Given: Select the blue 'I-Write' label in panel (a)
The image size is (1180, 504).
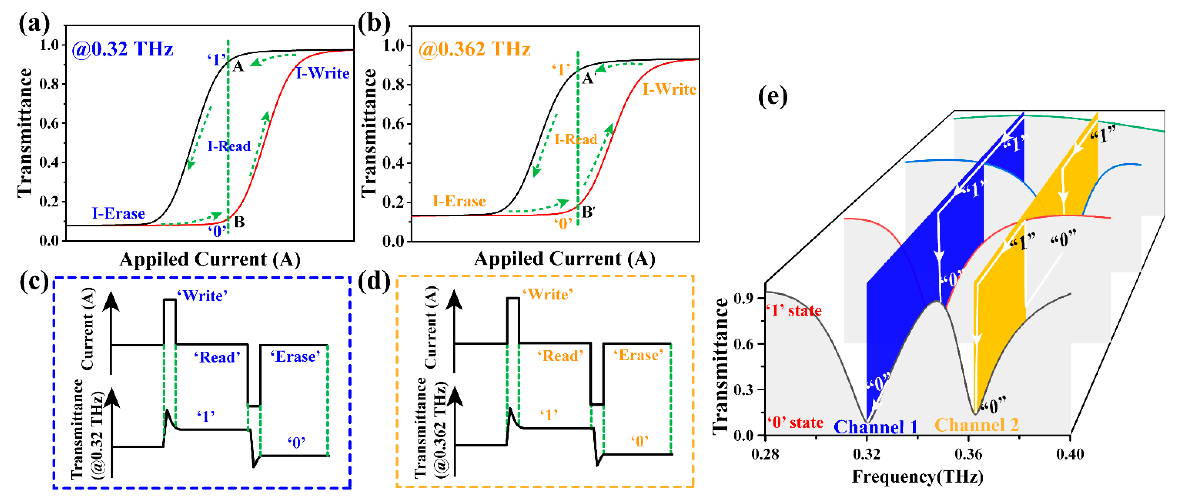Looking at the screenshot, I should pyautogui.click(x=323, y=73).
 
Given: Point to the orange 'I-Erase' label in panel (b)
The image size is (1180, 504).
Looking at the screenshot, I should pyautogui.click(x=459, y=201).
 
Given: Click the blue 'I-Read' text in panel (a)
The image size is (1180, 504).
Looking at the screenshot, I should pyautogui.click(x=229, y=146).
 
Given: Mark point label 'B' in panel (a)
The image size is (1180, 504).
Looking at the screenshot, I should pyautogui.click(x=239, y=223).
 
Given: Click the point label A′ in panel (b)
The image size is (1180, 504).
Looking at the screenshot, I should pyautogui.click(x=589, y=78).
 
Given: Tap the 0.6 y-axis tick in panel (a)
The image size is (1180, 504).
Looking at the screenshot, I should pyautogui.click(x=49, y=123).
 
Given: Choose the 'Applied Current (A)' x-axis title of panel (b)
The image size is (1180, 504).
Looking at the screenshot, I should pyautogui.click(x=564, y=259).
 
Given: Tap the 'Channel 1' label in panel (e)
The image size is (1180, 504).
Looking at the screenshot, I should pyautogui.click(x=875, y=427).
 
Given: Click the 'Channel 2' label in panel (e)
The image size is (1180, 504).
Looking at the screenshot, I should pyautogui.click(x=977, y=425).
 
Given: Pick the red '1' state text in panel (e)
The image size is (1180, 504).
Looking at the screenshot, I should pyautogui.click(x=794, y=311).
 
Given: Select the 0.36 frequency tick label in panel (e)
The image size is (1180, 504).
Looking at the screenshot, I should pyautogui.click(x=968, y=454).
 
